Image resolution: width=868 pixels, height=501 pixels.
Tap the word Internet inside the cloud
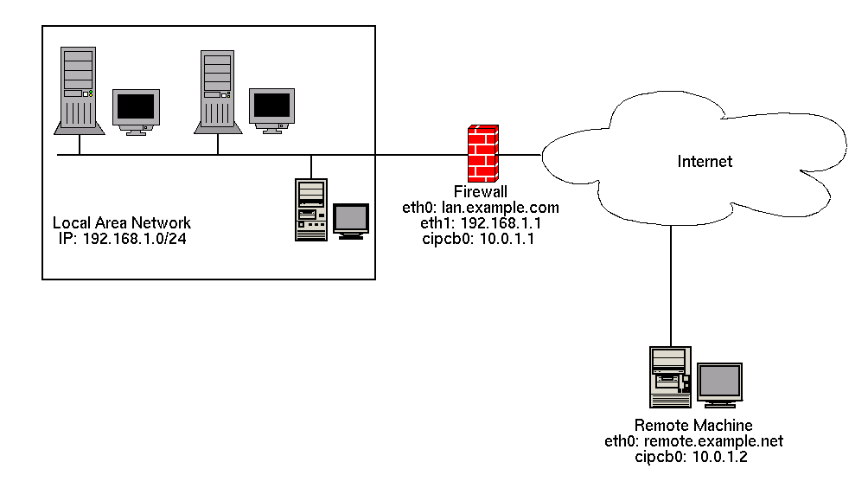[x=705, y=162]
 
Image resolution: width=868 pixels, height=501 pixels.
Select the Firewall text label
[x=480, y=192]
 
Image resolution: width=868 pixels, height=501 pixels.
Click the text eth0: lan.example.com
[x=481, y=208]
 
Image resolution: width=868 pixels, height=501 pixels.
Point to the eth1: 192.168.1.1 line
[x=481, y=223]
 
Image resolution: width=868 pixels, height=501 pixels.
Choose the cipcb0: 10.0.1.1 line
[x=481, y=239]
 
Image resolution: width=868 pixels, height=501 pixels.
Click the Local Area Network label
[x=122, y=223]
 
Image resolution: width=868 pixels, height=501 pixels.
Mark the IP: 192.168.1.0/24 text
[x=122, y=239]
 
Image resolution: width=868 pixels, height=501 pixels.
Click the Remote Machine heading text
[x=693, y=426]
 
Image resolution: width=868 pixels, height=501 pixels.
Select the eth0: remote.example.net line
[x=693, y=441]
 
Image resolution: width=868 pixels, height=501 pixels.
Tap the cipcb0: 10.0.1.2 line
[x=693, y=457]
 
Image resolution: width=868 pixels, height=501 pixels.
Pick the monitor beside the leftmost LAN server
[x=136, y=111]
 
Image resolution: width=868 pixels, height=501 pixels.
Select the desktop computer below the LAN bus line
[x=311, y=209]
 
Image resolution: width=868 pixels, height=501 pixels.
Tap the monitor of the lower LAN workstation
[x=351, y=220]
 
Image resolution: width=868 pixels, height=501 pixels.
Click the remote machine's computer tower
[x=671, y=376]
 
